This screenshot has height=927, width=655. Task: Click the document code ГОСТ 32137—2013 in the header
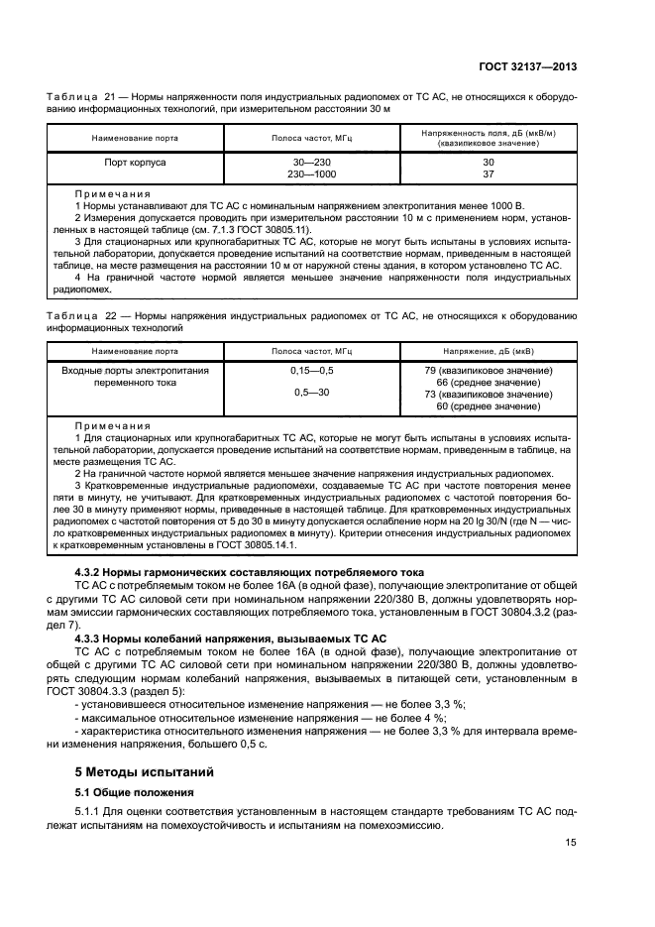[x=532, y=66]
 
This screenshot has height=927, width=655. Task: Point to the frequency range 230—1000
[x=313, y=174]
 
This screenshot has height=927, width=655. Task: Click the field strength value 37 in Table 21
[x=488, y=174]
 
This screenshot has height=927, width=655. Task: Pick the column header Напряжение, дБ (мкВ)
[x=488, y=351]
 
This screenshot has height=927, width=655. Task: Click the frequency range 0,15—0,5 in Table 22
[x=313, y=370]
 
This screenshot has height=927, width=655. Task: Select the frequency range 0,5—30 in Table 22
[x=313, y=395]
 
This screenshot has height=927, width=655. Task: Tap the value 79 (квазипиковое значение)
[x=488, y=370]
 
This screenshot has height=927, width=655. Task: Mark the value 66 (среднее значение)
[x=488, y=383]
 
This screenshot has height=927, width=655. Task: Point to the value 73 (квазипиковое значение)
[x=488, y=395]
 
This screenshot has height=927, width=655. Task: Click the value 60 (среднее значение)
[x=488, y=406]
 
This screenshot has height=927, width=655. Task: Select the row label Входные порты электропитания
[x=136, y=370]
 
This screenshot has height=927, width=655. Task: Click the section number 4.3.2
[x=91, y=573]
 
